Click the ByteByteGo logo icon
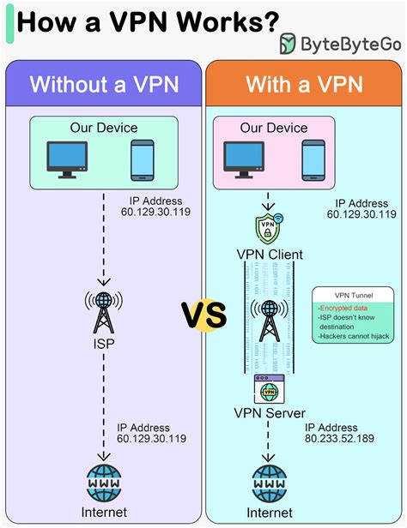pos(288,44)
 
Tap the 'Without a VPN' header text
pos(104,84)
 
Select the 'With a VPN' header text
pos(304,84)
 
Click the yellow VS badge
pos(204,315)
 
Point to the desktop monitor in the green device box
pos(67,159)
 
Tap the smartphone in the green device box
pos(143,160)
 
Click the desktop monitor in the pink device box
pos(244,159)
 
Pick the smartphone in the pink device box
pos(313,160)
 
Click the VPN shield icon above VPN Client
pos(269,228)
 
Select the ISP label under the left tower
pos(104,344)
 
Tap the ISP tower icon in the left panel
pos(104,312)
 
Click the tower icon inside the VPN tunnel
pos(269,321)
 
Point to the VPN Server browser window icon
pos(269,389)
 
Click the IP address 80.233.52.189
pos(339,439)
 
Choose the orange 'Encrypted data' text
pos(343,308)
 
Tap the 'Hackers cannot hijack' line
pos(354,336)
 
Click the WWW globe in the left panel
pos(104,483)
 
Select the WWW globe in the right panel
pos(269,484)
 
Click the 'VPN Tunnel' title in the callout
pos(354,296)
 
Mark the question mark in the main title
pos(270,21)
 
